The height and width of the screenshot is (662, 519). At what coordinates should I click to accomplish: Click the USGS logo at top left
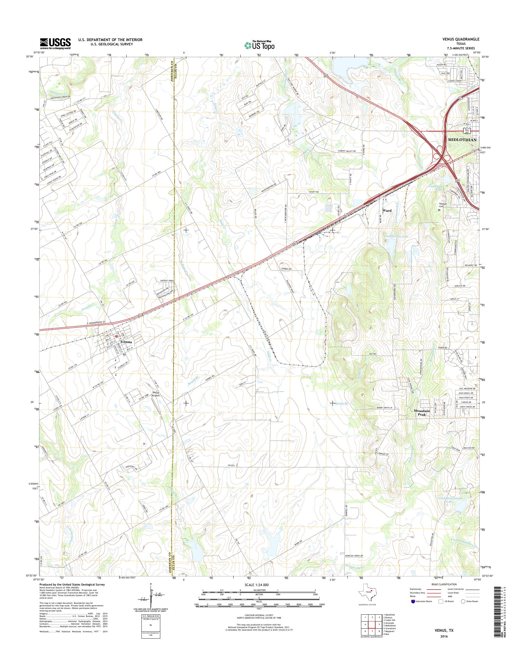[55, 44]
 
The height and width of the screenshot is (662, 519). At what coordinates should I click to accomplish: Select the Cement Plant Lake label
[396, 236]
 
